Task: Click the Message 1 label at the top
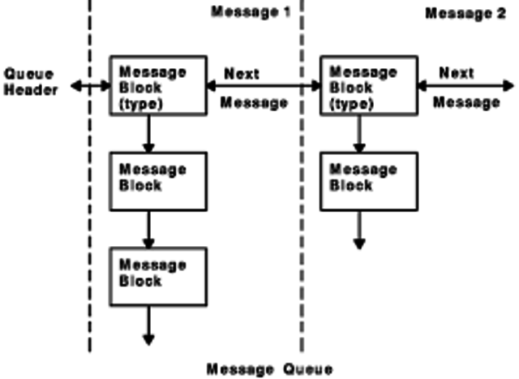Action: click(x=251, y=13)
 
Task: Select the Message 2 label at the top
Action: click(x=465, y=14)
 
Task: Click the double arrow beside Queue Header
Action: click(x=90, y=84)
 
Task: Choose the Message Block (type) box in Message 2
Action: click(x=370, y=85)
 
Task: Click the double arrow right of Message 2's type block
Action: click(x=465, y=84)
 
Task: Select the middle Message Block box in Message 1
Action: click(x=158, y=180)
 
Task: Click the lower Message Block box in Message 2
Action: click(x=370, y=180)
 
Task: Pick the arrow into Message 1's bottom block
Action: click(x=148, y=229)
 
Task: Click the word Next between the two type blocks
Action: click(x=242, y=74)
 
